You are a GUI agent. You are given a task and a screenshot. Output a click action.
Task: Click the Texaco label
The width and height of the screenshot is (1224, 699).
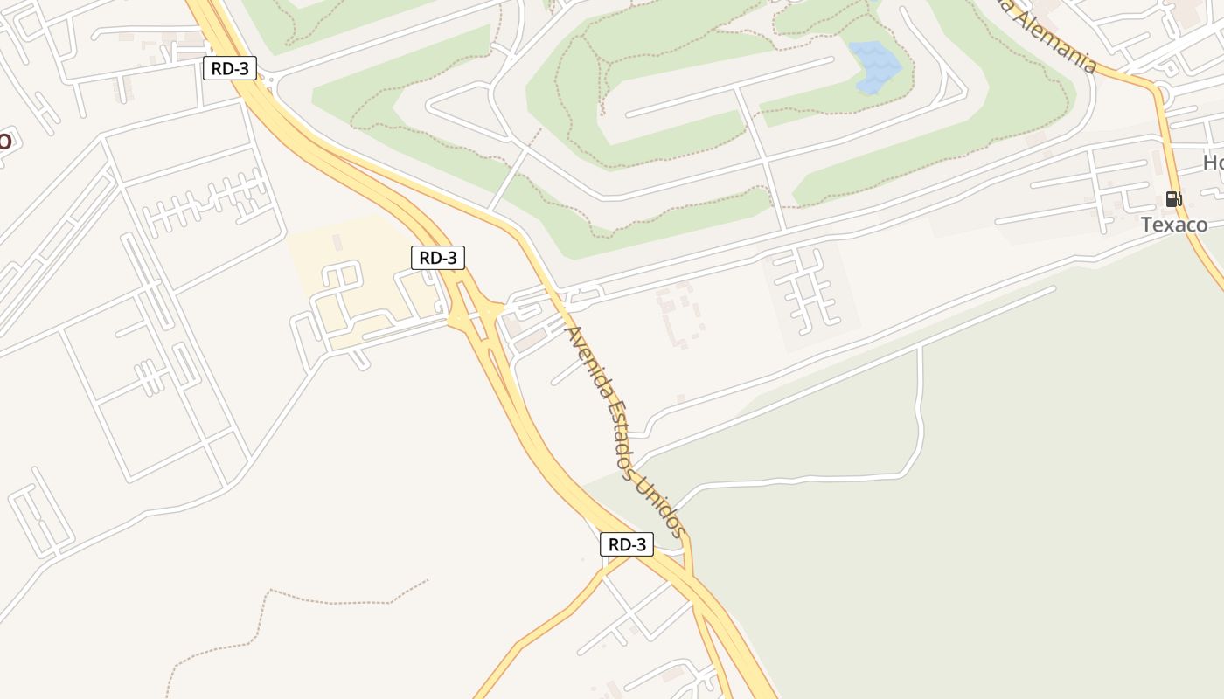[1173, 225]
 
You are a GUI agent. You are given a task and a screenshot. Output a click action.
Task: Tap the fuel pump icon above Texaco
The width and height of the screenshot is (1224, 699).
[1173, 199]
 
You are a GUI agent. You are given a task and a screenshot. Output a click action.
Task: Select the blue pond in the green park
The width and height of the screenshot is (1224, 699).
[874, 66]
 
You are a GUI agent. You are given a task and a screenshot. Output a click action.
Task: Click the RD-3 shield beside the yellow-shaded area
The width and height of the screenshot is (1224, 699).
[437, 258]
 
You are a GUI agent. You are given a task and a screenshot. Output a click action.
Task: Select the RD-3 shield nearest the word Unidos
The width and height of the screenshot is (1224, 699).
[627, 544]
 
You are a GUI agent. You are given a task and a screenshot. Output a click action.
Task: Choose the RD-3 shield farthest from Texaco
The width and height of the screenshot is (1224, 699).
[230, 68]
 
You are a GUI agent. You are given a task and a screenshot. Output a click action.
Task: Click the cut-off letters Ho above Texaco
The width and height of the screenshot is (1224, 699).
[1213, 163]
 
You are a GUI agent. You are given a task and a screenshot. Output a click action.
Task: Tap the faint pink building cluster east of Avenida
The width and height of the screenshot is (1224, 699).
[678, 315]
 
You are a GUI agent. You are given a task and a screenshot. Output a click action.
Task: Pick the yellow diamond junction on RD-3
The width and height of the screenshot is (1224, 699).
[476, 315]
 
